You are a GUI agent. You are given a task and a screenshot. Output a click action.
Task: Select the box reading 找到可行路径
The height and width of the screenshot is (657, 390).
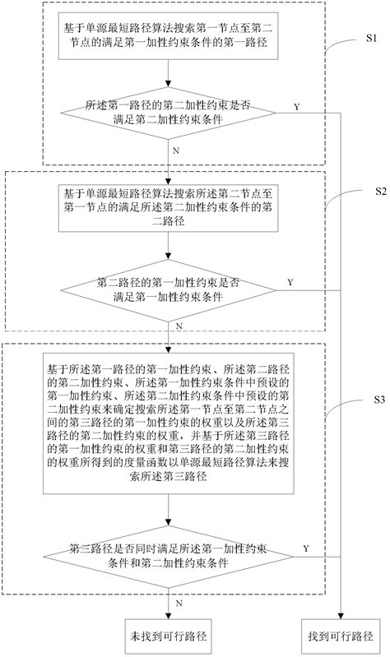click(341, 636)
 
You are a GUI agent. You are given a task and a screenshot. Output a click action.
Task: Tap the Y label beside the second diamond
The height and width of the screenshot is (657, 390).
click(290, 282)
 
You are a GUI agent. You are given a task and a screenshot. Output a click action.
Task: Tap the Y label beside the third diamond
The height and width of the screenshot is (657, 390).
click(306, 548)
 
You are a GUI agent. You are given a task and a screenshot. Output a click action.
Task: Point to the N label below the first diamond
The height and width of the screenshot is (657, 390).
click(175, 151)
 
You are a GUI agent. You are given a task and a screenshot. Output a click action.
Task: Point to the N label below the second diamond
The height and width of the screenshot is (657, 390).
click(177, 327)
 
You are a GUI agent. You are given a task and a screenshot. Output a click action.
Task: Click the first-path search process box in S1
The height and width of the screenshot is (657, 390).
click(168, 39)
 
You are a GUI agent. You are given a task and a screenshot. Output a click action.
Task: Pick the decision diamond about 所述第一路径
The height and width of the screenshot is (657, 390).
click(168, 113)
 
